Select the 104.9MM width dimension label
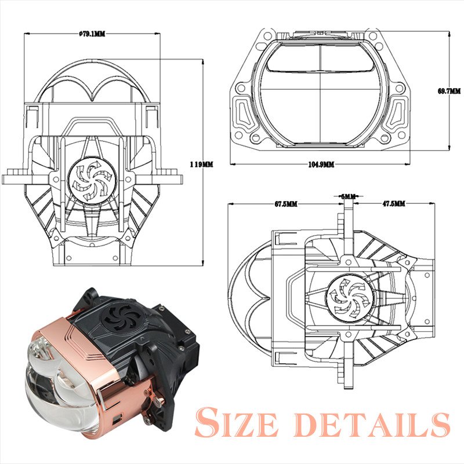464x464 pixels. (321, 165)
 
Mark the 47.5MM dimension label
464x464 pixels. (394, 204)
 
